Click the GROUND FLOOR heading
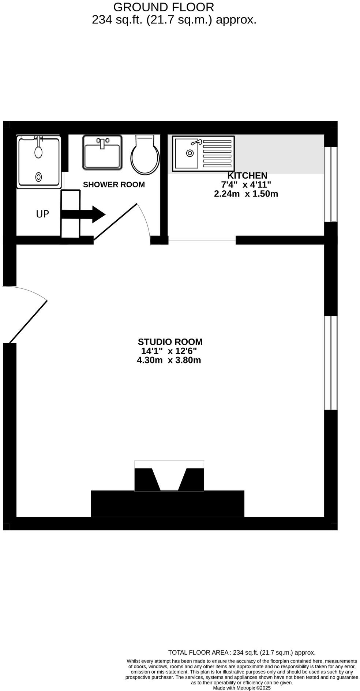tap(164, 7)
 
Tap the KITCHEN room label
tap(247, 175)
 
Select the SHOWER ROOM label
tap(114, 184)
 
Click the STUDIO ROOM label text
tap(170, 341)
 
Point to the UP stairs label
tap(42, 214)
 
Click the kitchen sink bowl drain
tap(190, 153)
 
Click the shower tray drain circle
tap(38, 177)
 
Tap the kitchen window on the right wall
tap(331, 184)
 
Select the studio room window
tap(331, 363)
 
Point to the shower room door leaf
tap(115, 222)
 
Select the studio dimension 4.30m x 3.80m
tap(169, 360)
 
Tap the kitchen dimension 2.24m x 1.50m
tap(246, 194)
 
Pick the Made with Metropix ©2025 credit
tap(241, 688)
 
